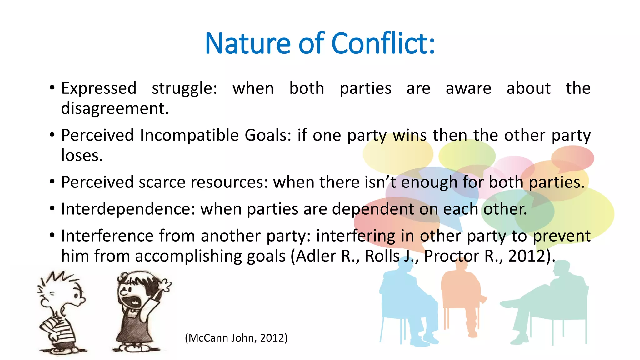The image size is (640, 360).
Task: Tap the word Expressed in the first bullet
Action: [x=99, y=88]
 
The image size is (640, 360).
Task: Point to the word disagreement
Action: [x=115, y=108]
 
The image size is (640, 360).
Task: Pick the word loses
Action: [x=82, y=155]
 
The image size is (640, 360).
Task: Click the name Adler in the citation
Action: [x=315, y=256]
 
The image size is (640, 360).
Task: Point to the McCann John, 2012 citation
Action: [x=236, y=338]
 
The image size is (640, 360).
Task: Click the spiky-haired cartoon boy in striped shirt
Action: [x=61, y=312]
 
